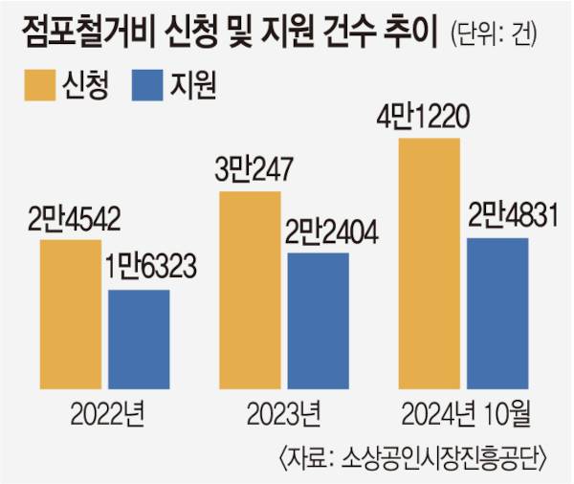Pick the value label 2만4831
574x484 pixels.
click(499, 217)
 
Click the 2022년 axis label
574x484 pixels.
click(107, 415)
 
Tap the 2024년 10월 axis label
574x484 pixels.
click(466, 415)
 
